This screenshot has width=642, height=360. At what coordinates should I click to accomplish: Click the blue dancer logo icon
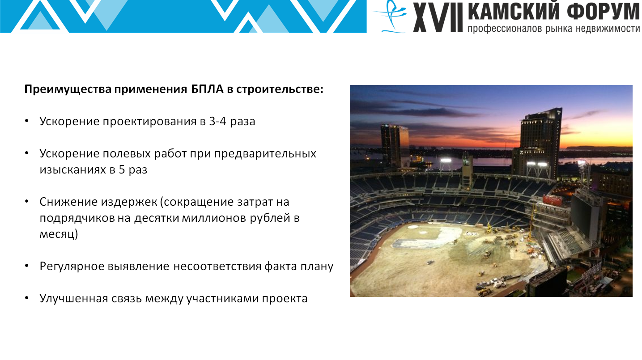tap(390, 17)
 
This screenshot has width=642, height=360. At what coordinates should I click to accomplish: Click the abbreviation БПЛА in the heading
tap(207, 89)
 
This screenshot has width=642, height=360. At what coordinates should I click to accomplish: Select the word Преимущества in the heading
tap(68, 89)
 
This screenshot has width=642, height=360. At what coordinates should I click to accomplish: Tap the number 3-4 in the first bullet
tap(218, 122)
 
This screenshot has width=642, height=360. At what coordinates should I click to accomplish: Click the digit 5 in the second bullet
tap(122, 169)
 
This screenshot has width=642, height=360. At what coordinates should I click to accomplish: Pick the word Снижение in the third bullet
tap(68, 202)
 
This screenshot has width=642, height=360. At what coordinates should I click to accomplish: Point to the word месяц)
tap(59, 234)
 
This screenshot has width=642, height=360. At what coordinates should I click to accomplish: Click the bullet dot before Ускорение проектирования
tap(27, 121)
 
